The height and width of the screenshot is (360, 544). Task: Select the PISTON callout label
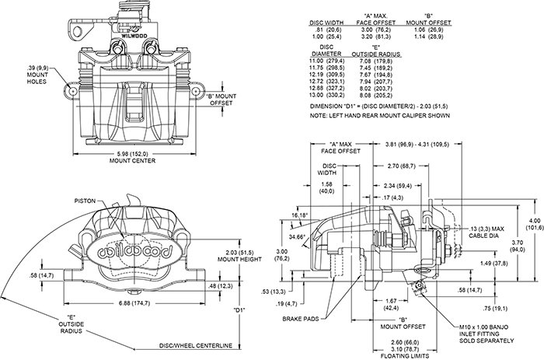85,201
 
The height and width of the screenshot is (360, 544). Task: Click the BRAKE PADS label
301,319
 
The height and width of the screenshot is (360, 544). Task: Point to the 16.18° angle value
299,215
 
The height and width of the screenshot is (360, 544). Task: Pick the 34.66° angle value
297,236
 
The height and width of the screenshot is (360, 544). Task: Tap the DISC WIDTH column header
326,23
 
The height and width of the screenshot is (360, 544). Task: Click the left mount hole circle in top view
73,91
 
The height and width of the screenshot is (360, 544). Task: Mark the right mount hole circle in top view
196,91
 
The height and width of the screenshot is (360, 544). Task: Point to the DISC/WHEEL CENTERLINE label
196,345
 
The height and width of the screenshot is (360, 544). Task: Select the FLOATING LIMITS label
405,356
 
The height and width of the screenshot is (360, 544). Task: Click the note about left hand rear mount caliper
380,115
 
